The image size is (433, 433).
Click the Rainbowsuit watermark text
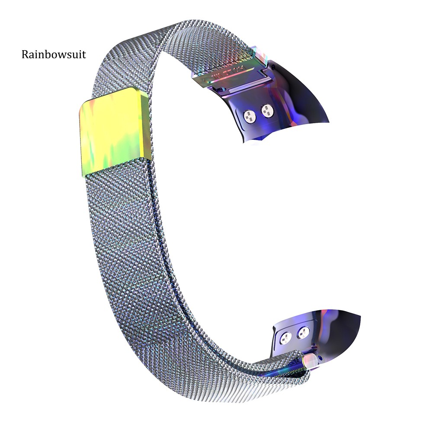point(54,55)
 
